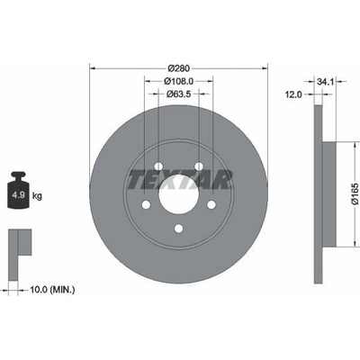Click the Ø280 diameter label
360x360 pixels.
click(179, 68)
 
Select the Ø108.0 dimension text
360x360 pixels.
click(179, 81)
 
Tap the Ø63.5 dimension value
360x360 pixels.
click(179, 94)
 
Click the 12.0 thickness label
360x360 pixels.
click(293, 94)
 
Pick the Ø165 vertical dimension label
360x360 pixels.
click(355, 193)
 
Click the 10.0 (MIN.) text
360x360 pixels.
click(52, 290)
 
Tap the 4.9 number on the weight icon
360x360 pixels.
click(18, 195)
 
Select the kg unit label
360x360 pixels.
click(37, 196)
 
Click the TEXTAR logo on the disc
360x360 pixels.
click(179, 179)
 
